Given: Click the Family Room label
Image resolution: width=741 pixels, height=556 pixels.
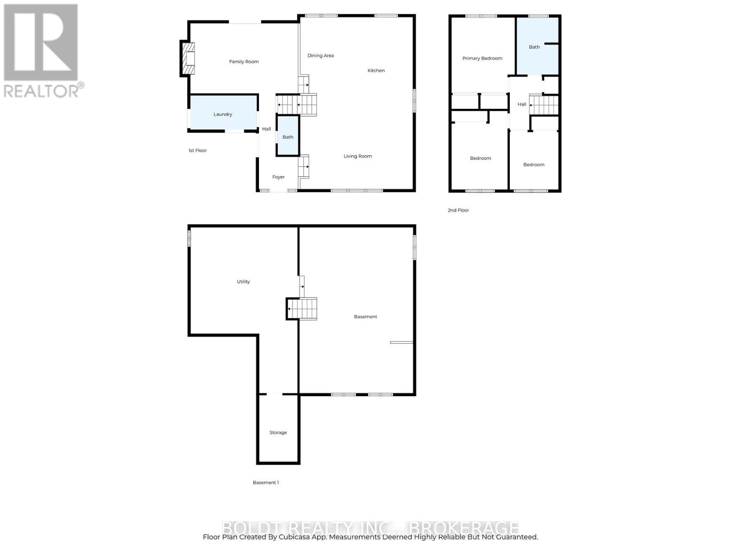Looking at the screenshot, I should (x=244, y=62).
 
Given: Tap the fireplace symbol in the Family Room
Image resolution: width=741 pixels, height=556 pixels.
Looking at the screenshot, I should (x=188, y=58).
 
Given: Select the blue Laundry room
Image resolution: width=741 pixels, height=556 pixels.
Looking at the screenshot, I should (x=223, y=114).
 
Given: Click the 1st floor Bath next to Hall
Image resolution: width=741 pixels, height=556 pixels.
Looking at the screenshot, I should (x=288, y=137).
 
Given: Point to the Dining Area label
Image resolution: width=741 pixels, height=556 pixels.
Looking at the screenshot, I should (x=320, y=56).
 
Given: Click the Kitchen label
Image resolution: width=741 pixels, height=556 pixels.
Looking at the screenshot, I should (x=376, y=70).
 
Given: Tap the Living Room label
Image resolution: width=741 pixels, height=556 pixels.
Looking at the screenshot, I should (x=358, y=156).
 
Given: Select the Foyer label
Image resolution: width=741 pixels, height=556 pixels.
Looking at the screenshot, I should (x=278, y=177).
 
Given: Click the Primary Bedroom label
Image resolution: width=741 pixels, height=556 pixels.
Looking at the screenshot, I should (x=482, y=58).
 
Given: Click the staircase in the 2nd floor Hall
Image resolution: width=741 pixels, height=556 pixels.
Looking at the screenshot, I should (x=544, y=105).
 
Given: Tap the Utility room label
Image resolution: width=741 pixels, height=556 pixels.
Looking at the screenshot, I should (x=243, y=282).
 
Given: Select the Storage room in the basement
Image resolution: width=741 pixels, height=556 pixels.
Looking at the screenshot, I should (x=278, y=432).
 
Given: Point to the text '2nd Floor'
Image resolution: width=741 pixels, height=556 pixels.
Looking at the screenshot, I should (x=458, y=210).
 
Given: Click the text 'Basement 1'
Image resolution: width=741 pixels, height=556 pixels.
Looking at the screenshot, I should (x=265, y=483).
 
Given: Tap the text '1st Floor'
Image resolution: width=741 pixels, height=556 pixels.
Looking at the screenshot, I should (x=197, y=151).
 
